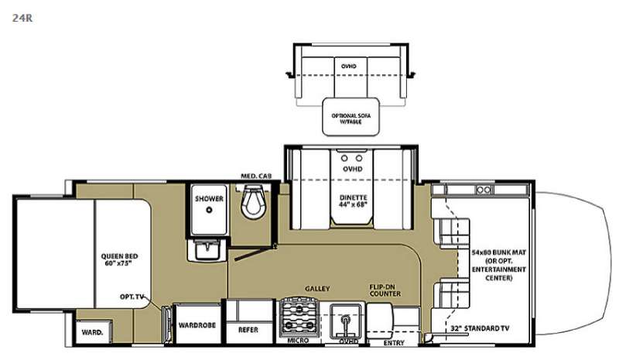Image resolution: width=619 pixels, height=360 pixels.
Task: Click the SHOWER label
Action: click(x=209, y=199)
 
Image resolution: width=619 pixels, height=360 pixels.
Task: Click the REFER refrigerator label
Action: click(x=248, y=328)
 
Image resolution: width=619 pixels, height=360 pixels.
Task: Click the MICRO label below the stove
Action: click(x=297, y=341)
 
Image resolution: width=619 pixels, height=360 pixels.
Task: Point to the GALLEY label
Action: click(x=317, y=289)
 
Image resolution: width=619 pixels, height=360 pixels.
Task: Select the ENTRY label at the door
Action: click(x=395, y=341)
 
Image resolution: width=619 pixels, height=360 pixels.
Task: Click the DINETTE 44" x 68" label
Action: click(x=352, y=202)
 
